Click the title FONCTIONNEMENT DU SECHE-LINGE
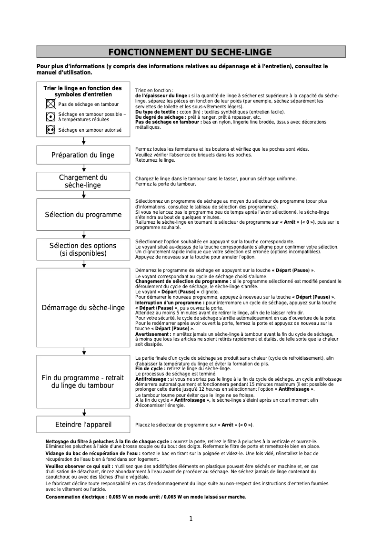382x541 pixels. pos(191,52)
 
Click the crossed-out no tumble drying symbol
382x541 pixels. pos(50,104)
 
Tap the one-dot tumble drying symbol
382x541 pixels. pos(50,116)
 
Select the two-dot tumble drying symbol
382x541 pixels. pos(50,129)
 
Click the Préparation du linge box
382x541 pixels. pos(83,155)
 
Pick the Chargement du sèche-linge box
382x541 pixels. pos(83,181)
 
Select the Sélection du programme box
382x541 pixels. pos(83,215)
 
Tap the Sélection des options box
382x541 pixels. pos(83,250)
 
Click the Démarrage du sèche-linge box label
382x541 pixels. pos(83,308)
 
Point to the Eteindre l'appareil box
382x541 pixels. pos(83,424)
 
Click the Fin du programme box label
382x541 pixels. pos(83,382)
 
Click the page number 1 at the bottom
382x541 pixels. pos(191,519)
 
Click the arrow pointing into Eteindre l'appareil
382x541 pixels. pos(84,412)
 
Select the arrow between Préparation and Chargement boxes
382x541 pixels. pos(84,168)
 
